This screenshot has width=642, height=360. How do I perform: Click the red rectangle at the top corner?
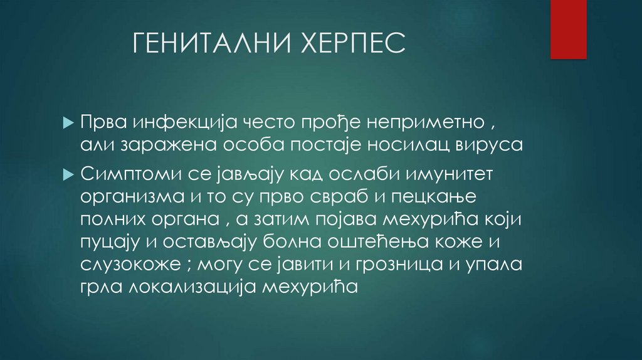click(x=568, y=29)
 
